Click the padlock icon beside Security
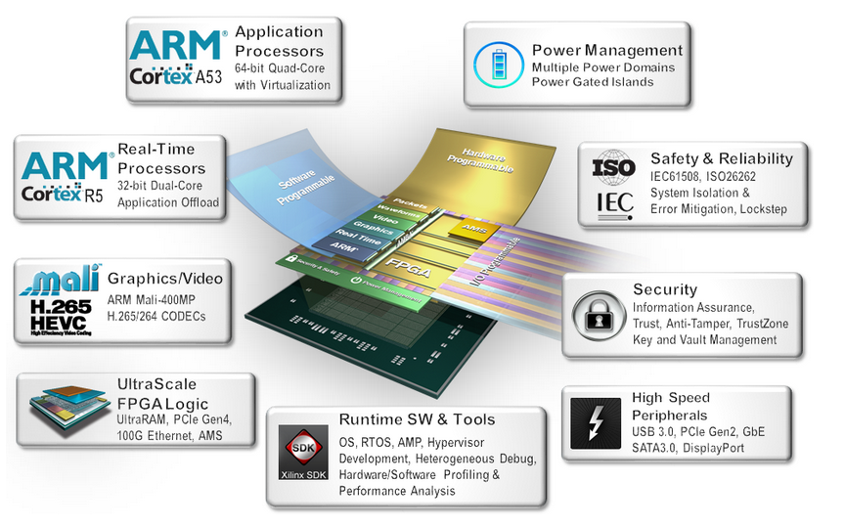[x=598, y=313]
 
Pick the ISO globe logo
[x=613, y=164]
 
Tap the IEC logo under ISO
[x=613, y=203]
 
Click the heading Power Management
[x=607, y=50]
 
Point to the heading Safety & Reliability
[x=721, y=158]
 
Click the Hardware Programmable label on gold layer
[x=478, y=160]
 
